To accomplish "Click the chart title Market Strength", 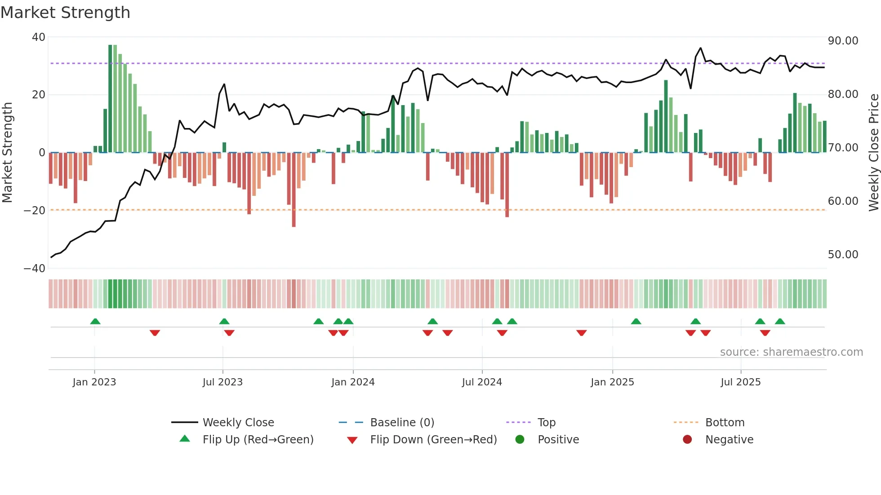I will click(65, 13).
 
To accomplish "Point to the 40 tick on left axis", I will click(39, 37).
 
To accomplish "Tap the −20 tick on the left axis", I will click(35, 211).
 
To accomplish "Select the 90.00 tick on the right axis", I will click(843, 41).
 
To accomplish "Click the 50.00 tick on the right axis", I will click(843, 255).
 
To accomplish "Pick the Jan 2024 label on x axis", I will click(353, 382).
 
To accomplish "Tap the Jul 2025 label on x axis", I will click(740, 382).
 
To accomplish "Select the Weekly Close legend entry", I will click(238, 423).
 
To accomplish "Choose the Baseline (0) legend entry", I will click(402, 423).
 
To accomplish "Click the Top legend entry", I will click(546, 423).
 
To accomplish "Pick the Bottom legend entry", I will click(725, 423).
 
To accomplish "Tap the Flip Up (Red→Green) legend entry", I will click(258, 440).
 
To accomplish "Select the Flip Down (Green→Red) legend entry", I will click(433, 440).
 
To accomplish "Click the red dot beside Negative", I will click(687, 440).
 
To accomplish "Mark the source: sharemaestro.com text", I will click(791, 352).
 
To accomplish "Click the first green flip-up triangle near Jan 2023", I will click(95, 321).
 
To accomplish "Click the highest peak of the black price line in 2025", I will click(700, 48).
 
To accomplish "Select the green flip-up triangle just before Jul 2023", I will click(224, 321).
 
